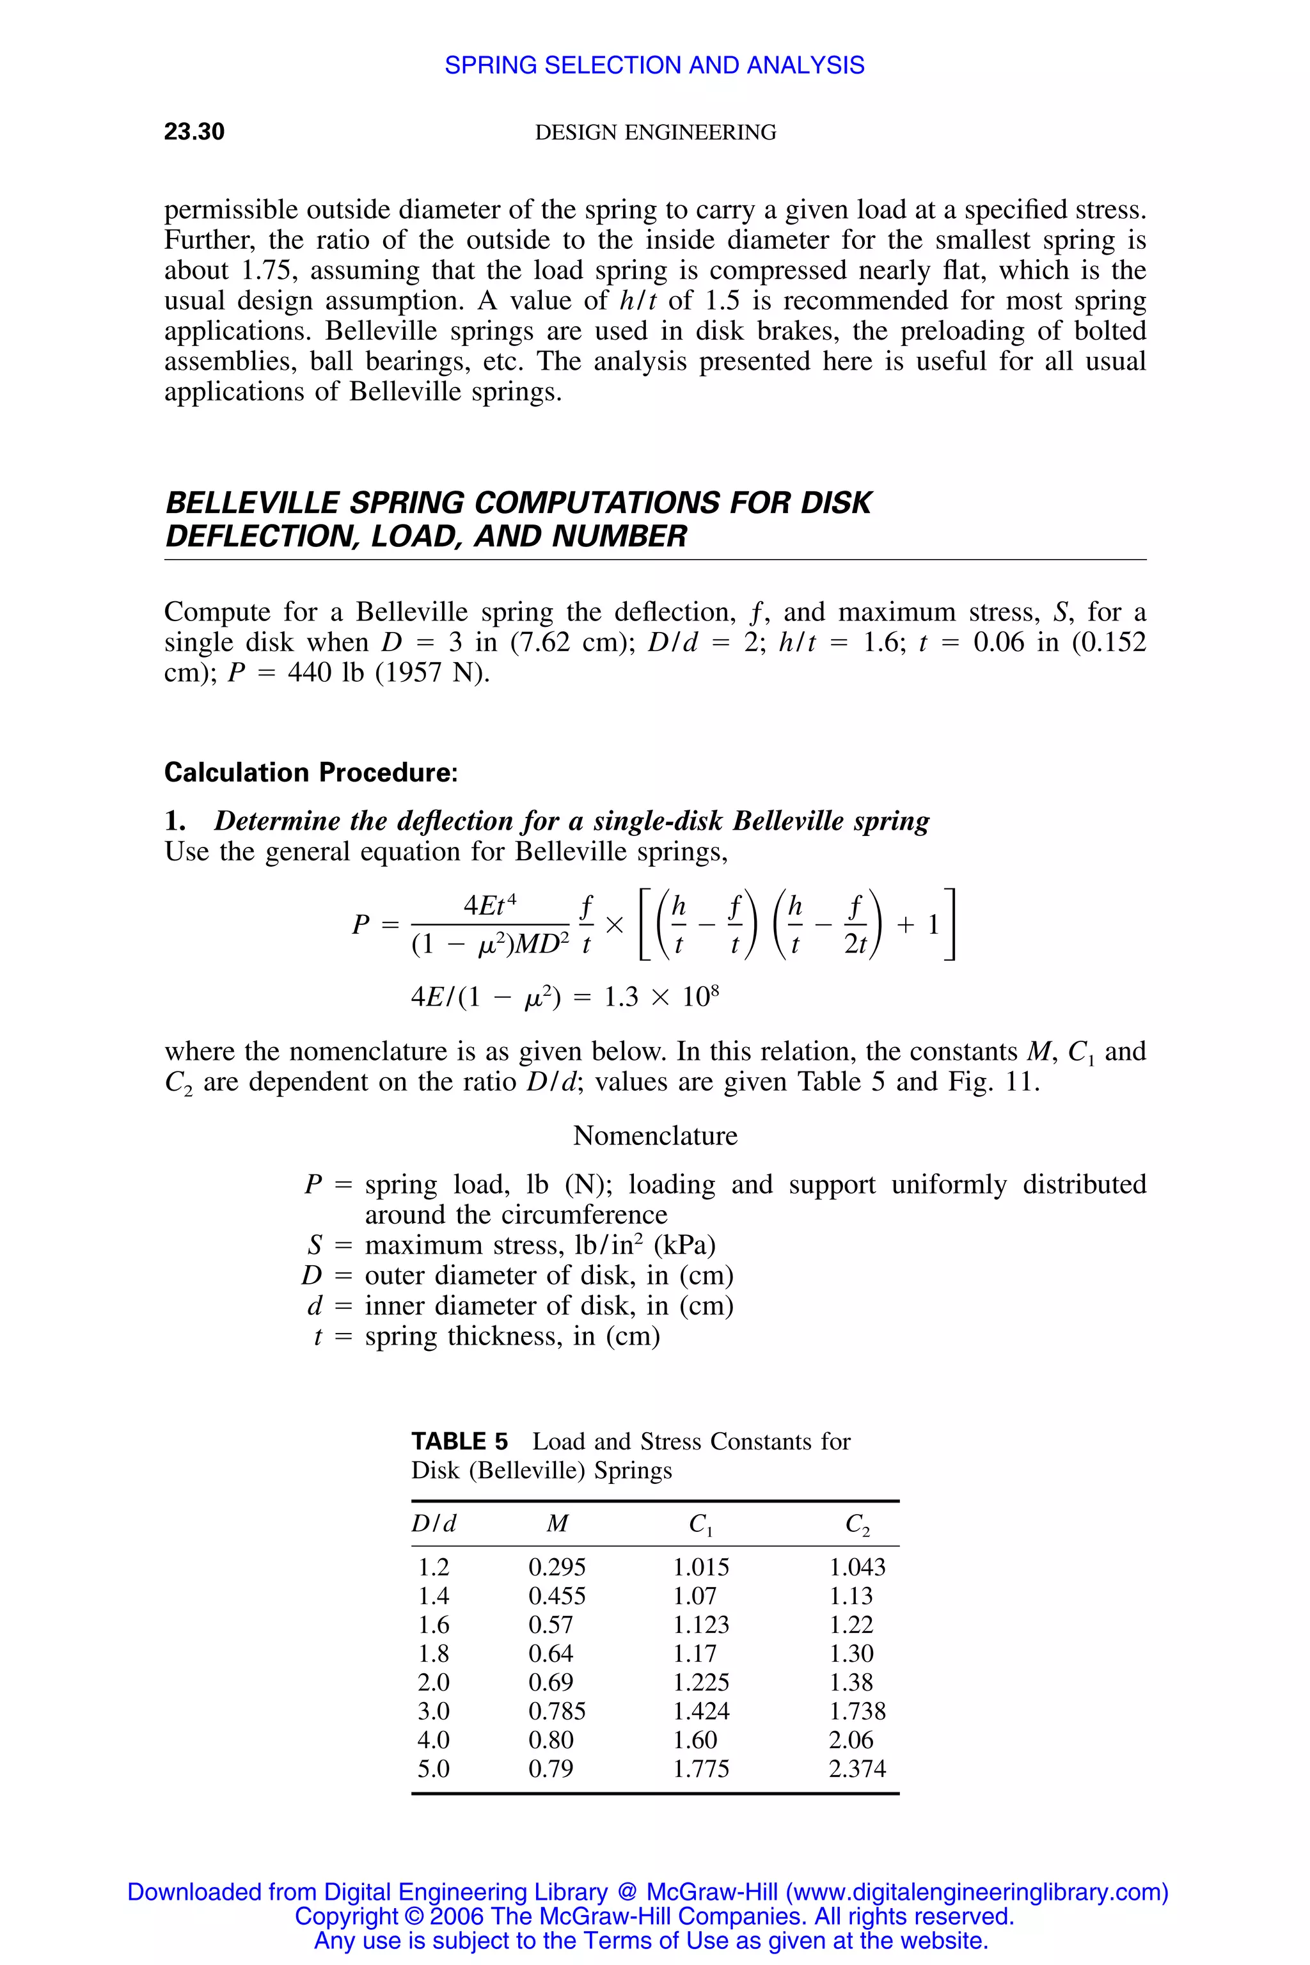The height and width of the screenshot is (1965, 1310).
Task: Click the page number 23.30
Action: coord(194,132)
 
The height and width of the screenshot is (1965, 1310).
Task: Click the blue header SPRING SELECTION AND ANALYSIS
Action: coord(654,65)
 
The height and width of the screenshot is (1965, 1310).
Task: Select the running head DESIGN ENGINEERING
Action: coord(655,133)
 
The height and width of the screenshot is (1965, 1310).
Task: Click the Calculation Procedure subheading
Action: coord(311,772)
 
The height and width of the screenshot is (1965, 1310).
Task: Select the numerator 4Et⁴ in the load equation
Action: coord(489,906)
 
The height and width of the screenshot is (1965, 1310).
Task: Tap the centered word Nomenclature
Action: coord(655,1135)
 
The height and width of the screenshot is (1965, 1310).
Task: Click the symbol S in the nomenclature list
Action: coord(314,1245)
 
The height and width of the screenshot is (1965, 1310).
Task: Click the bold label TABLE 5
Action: coord(459,1441)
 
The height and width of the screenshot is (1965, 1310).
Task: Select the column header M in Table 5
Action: coord(556,1524)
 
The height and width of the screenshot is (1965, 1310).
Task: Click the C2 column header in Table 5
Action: coord(857,1525)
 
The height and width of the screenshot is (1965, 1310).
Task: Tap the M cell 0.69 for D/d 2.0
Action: coord(551,1682)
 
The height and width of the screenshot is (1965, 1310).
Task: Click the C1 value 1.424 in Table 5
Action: coord(701,1711)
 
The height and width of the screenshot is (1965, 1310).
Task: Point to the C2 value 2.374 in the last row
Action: coord(857,1769)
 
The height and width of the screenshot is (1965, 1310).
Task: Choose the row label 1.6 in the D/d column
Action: coord(434,1624)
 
